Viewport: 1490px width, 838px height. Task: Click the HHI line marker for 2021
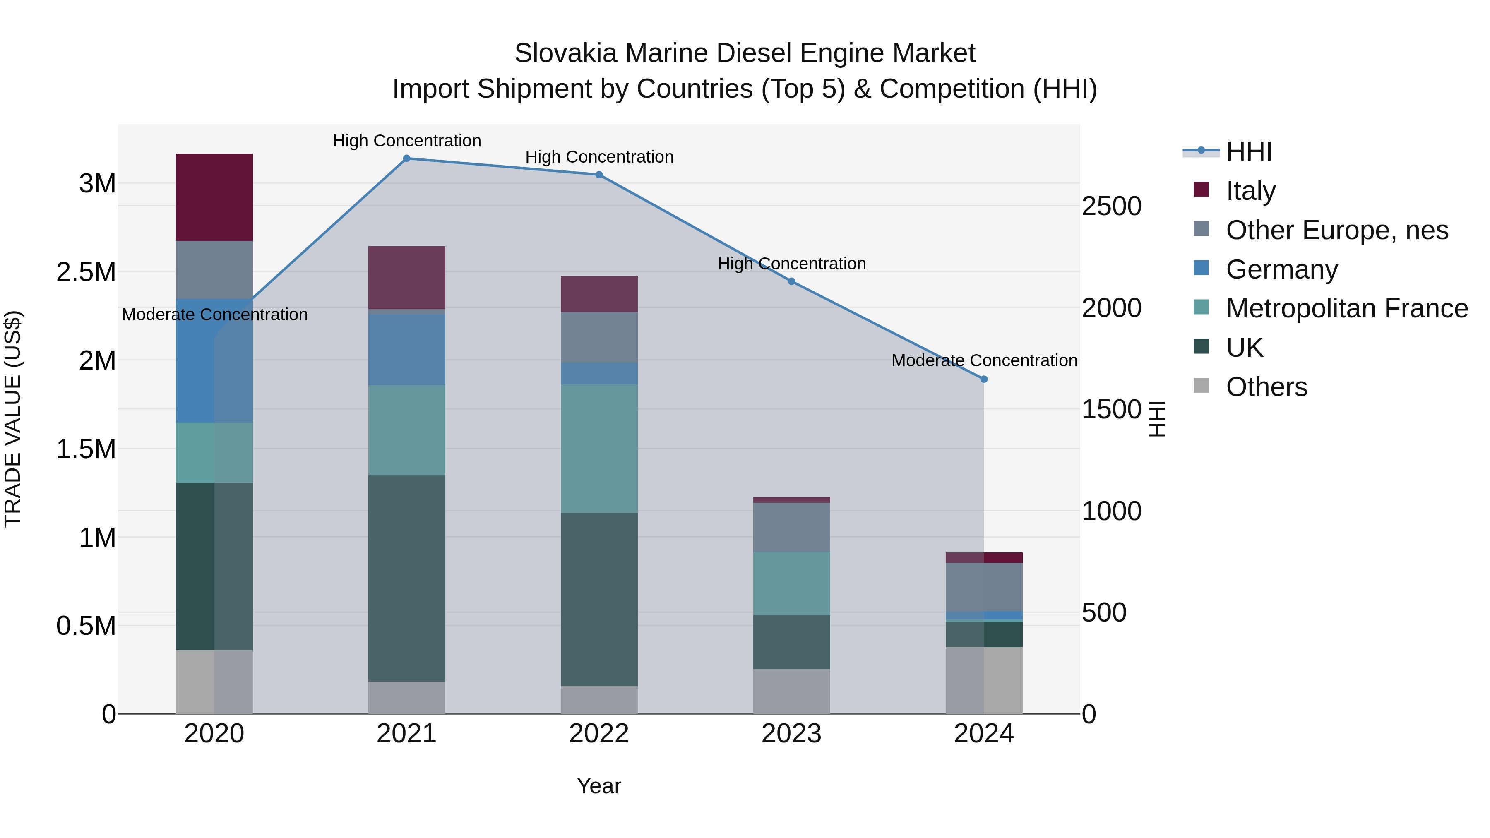[406, 158]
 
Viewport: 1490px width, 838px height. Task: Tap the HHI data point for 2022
[599, 175]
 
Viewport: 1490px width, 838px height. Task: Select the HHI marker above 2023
[792, 282]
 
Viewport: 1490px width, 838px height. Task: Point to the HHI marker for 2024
[984, 379]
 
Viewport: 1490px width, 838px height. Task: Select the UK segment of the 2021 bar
[406, 579]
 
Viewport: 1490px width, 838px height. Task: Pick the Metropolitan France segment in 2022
[599, 449]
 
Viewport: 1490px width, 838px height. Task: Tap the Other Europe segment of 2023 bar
[792, 528]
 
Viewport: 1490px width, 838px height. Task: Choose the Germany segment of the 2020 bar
[214, 361]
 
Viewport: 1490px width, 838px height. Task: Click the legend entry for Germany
[1282, 269]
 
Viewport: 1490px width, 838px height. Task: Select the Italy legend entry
[1250, 191]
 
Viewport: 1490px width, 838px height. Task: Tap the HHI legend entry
[1249, 151]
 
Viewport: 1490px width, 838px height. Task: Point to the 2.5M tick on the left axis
[86, 272]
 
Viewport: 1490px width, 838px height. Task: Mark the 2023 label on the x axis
[791, 734]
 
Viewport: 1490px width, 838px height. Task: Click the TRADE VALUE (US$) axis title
[13, 419]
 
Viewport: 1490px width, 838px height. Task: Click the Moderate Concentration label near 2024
[984, 360]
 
